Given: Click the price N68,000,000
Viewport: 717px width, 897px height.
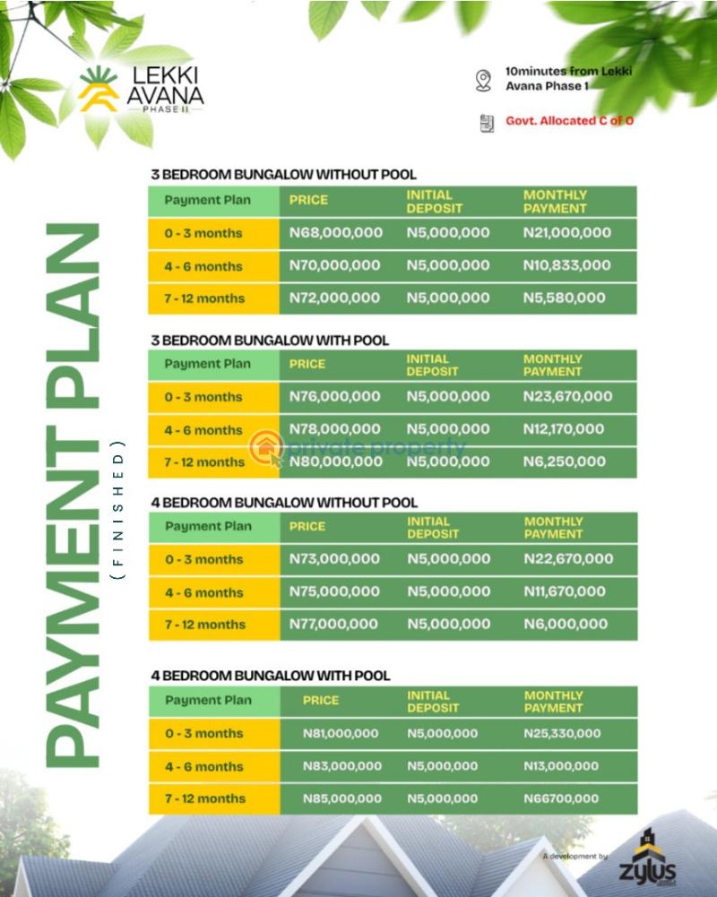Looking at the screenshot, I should pyautogui.click(x=335, y=233).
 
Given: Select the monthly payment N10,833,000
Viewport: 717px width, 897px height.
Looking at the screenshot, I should pyautogui.click(x=566, y=265).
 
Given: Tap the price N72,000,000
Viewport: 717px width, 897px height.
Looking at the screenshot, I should pyautogui.click(x=334, y=298).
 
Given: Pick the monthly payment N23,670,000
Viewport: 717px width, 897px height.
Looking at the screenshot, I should pyautogui.click(x=567, y=396).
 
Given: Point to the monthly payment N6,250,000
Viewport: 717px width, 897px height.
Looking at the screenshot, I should pyautogui.click(x=564, y=461).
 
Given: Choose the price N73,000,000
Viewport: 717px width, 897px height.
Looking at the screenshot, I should pyautogui.click(x=334, y=559).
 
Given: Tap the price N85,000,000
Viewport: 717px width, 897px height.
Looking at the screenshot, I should pyautogui.click(x=341, y=798).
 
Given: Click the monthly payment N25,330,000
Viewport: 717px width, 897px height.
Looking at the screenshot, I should pyautogui.click(x=562, y=733).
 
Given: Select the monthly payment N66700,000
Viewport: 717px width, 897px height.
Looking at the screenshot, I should pyautogui.click(x=561, y=798).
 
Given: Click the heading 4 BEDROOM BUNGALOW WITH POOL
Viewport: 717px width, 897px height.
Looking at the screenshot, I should pyautogui.click(x=271, y=676).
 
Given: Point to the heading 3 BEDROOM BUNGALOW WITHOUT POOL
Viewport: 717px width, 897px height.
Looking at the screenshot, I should pyautogui.click(x=283, y=175).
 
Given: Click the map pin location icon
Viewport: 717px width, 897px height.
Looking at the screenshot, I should pyautogui.click(x=484, y=81).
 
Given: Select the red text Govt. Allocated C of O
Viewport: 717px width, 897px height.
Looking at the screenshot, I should pyautogui.click(x=569, y=120).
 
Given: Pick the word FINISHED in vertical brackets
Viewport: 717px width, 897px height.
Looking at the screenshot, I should pyautogui.click(x=117, y=509).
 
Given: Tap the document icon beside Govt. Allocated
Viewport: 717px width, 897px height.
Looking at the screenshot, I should pyautogui.click(x=487, y=122).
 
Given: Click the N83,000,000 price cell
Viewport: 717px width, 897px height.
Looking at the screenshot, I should pyautogui.click(x=341, y=766).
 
